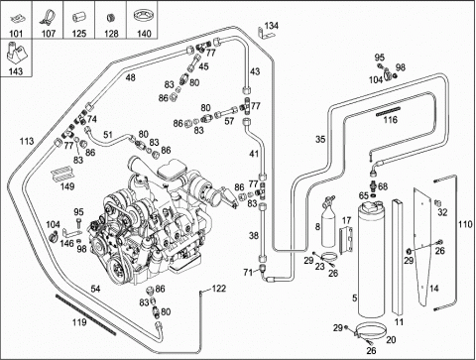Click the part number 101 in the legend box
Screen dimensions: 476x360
16,34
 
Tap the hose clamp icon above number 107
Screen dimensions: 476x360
48,18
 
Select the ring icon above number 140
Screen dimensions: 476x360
144,16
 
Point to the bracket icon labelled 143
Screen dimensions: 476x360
16,53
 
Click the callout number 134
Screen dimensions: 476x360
272,26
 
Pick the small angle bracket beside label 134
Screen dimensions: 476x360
264,33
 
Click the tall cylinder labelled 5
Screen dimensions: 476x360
371,259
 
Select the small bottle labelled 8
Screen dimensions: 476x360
328,222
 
